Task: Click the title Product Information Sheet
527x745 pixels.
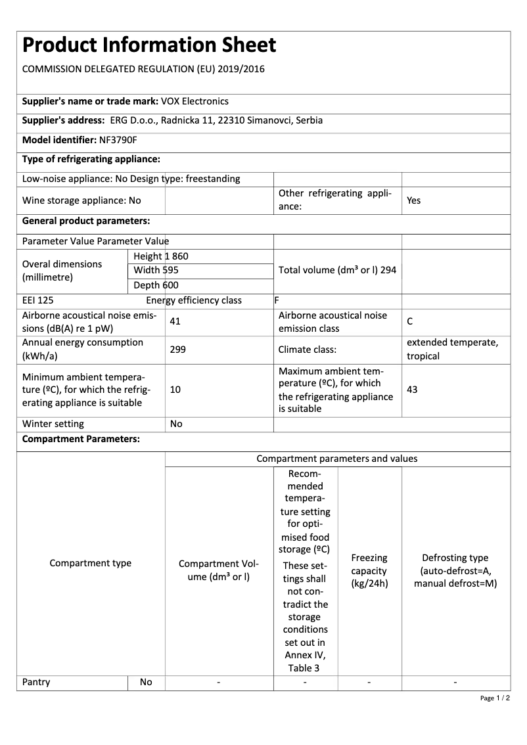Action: [149, 45]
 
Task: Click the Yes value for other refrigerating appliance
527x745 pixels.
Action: [413, 200]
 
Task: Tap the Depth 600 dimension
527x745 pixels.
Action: [156, 285]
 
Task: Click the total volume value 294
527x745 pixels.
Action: [388, 270]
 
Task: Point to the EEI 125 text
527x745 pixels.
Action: [37, 300]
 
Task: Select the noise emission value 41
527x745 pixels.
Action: [175, 322]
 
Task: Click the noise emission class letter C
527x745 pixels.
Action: [410, 322]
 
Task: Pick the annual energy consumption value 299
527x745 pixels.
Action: [177, 350]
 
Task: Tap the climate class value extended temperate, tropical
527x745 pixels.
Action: [452, 350]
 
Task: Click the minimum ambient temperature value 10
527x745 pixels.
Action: [175, 390]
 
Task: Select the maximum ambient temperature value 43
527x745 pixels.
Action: [412, 390]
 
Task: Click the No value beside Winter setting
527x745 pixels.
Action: [176, 424]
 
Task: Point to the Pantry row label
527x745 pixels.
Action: [36, 682]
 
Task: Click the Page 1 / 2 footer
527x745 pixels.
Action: [495, 698]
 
